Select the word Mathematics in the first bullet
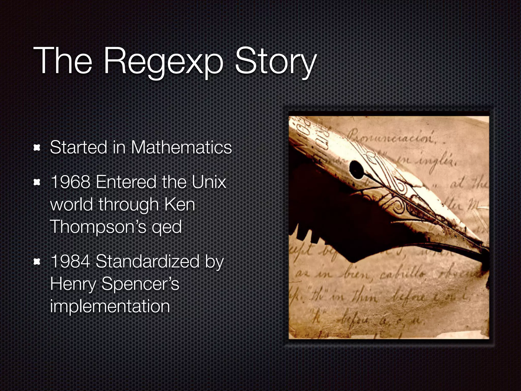pos(181,148)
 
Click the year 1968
pos(70,182)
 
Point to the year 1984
pos(70,261)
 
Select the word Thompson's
pos(98,227)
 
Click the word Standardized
pos(148,261)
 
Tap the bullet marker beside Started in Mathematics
pos(37,148)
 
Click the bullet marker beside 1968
pos(37,182)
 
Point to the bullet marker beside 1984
pos(37,261)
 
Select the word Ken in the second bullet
pos(180,204)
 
